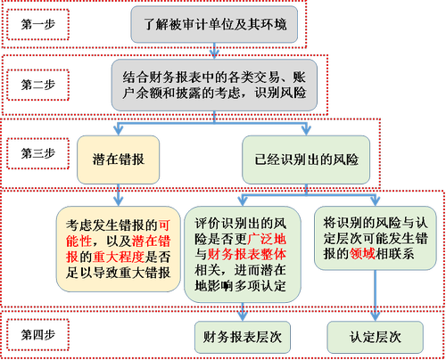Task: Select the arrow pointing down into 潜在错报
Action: tap(120, 126)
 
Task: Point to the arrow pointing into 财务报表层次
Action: tap(242, 308)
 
